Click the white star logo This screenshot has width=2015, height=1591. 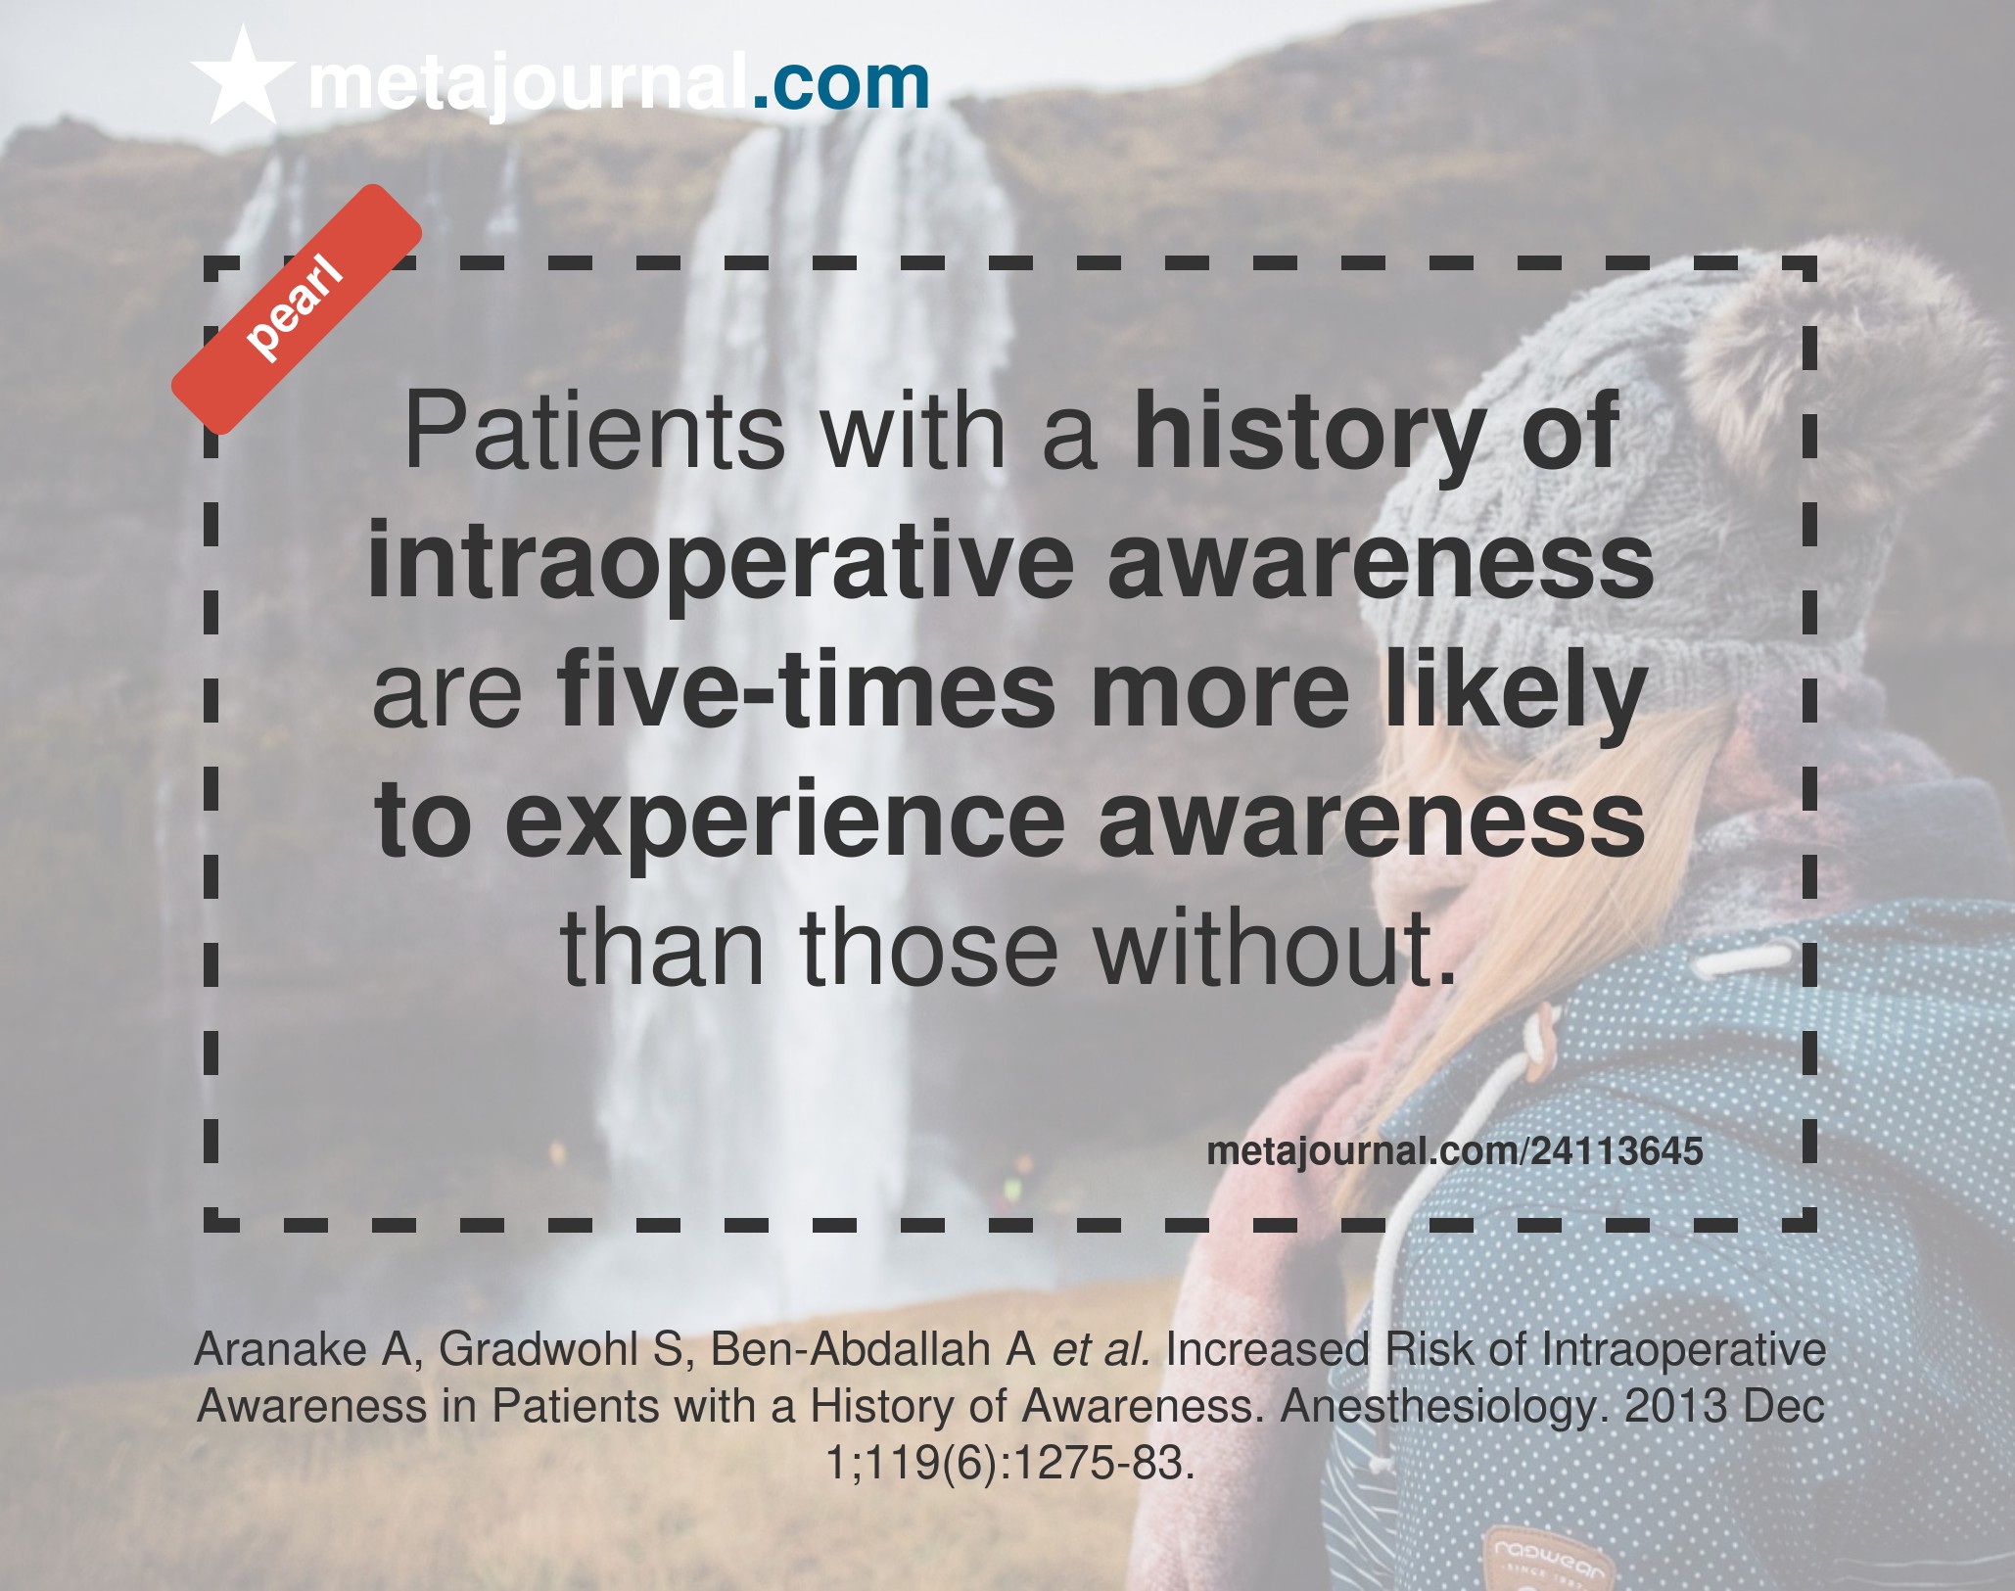pos(242,76)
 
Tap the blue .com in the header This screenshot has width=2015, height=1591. pos(840,84)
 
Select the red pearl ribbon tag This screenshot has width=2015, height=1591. pos(297,308)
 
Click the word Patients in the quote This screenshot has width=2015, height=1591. pos(594,432)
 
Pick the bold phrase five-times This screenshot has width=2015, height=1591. pos(806,690)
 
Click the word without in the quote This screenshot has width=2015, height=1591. pos(1275,949)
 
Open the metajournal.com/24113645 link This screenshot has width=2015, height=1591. pos(1455,1151)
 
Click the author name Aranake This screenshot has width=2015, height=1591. pos(281,1349)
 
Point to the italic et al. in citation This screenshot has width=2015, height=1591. pos(1101,1349)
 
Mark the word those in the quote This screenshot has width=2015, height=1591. pos(929,949)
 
